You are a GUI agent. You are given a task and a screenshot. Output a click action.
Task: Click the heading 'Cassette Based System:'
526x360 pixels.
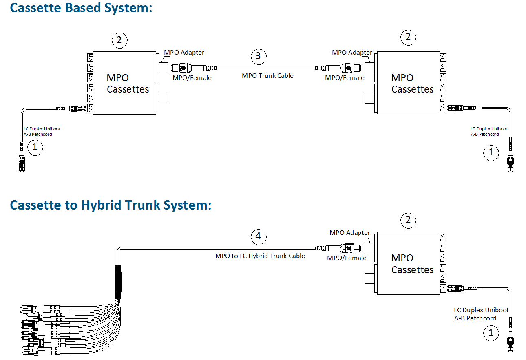[x=81, y=8]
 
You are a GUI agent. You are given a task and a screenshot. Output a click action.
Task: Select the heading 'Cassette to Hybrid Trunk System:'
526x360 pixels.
[x=111, y=205]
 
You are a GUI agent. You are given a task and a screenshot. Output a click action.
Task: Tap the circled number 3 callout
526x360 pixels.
[x=258, y=56]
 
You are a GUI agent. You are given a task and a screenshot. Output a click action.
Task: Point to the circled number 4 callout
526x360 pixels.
[x=258, y=236]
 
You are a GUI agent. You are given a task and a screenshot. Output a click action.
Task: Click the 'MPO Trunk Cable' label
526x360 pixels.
[x=267, y=75]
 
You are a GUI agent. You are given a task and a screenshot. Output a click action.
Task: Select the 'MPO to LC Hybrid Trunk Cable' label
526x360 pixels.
[x=260, y=256]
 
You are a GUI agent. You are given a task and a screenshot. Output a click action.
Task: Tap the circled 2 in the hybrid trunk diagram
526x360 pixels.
[x=408, y=221]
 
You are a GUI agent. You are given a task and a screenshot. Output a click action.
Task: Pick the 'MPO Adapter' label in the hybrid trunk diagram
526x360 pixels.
[x=349, y=233]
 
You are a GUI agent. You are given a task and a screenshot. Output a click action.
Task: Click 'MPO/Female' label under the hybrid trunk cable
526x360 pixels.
[x=347, y=258]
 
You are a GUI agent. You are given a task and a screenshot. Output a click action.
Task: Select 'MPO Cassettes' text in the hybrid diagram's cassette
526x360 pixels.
[x=412, y=264]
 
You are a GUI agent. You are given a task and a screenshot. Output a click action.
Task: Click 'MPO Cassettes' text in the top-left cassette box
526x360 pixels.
[x=128, y=83]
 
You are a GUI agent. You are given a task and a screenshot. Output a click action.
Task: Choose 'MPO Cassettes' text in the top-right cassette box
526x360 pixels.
[x=412, y=83]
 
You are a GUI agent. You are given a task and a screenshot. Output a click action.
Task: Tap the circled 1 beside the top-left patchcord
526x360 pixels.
[x=35, y=147]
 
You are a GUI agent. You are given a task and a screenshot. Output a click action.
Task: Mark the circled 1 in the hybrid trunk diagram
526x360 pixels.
[x=491, y=333]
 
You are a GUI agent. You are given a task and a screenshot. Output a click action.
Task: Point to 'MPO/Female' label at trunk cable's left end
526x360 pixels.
[x=192, y=77]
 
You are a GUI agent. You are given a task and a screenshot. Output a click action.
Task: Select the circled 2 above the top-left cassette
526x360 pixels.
[x=119, y=40]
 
